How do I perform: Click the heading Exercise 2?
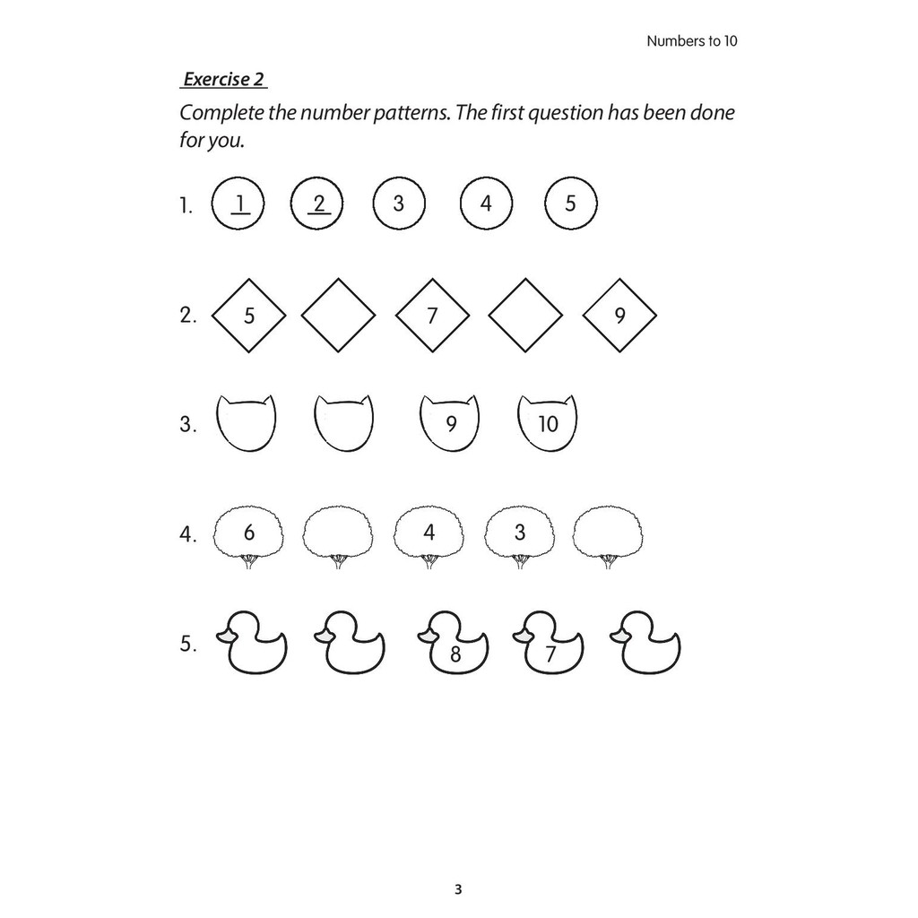(224, 79)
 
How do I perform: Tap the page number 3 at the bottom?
(458, 890)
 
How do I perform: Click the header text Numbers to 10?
(691, 41)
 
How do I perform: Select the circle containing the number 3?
(398, 204)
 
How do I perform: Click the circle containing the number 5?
(571, 204)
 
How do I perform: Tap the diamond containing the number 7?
(432, 316)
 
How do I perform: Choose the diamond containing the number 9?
(619, 316)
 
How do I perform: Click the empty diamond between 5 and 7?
(338, 316)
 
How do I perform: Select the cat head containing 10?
(548, 423)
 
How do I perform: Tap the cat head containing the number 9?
(450, 423)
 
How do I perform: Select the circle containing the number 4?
(486, 204)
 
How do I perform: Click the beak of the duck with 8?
(426, 636)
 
